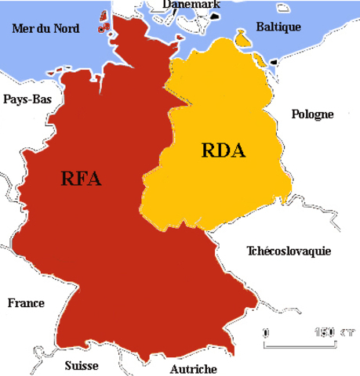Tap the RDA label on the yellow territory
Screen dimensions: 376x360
pyautogui.click(x=224, y=150)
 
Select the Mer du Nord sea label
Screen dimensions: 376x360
pyautogui.click(x=45, y=29)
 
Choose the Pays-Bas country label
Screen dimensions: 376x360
pyautogui.click(x=27, y=99)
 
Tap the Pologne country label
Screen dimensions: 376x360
pyautogui.click(x=312, y=114)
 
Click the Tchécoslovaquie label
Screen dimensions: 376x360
pyautogui.click(x=289, y=251)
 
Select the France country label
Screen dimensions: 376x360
pyautogui.click(x=26, y=303)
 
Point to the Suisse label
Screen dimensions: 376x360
pyautogui.click(x=81, y=365)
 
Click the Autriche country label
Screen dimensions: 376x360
pyautogui.click(x=193, y=368)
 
